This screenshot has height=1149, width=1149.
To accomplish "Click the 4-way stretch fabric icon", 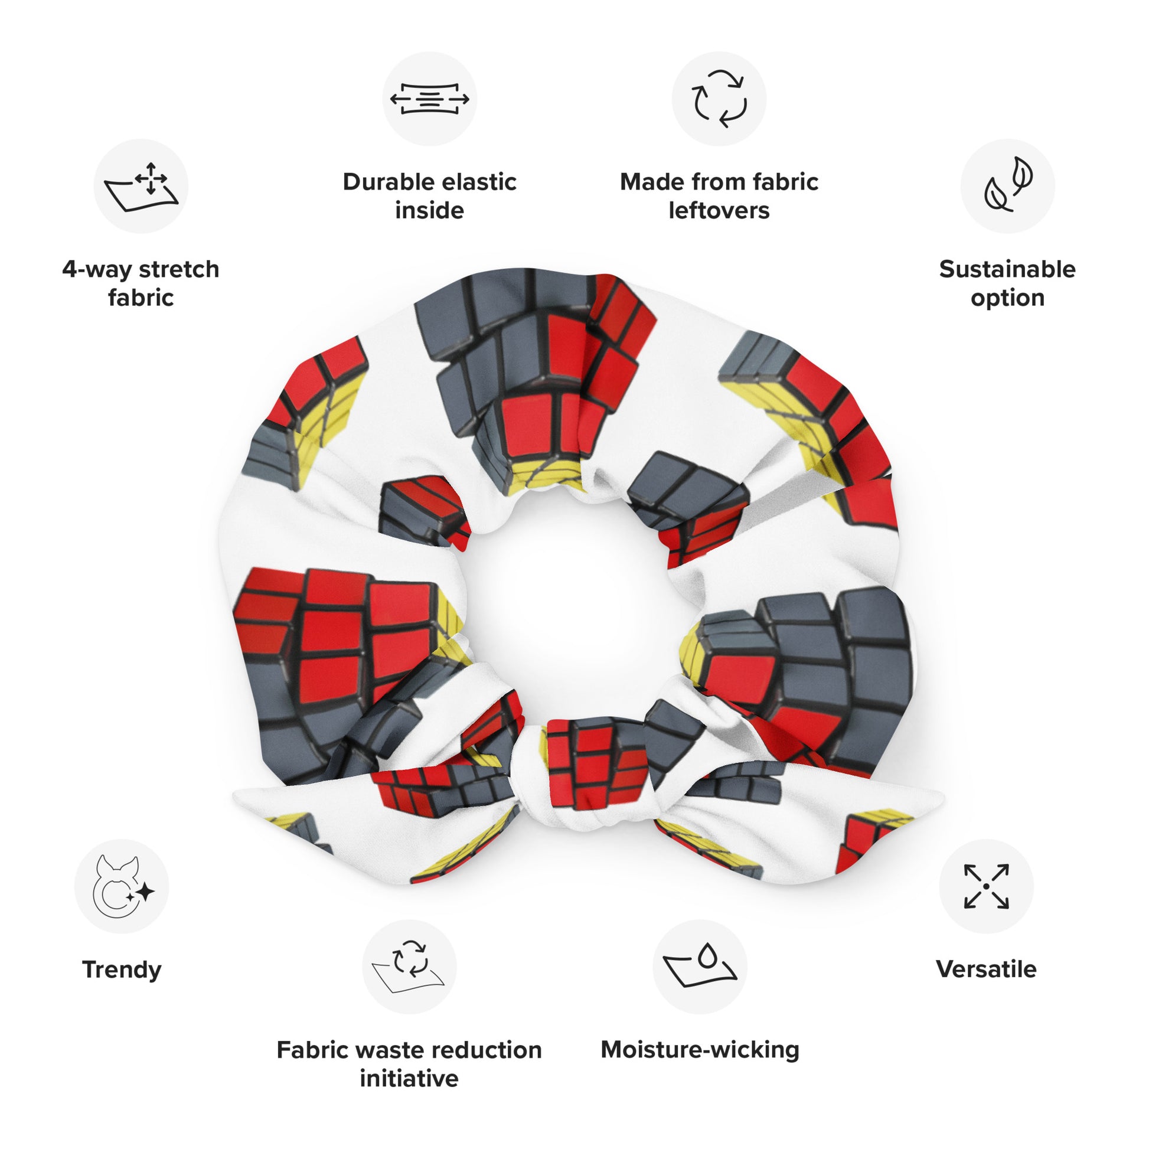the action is point(141,185).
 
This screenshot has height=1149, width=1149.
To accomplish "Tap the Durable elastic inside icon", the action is point(429,99).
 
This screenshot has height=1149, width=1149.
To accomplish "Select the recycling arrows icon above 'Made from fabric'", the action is point(719,99).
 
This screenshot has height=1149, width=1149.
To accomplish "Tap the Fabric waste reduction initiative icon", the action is point(409,967).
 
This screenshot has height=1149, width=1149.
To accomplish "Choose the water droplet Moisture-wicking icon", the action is point(700,965).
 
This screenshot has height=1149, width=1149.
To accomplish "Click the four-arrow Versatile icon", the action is point(986,886).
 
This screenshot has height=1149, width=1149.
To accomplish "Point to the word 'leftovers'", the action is point(719,211).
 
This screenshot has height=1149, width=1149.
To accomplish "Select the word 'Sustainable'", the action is point(1007,269).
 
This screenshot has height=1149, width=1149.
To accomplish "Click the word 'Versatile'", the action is point(986,970).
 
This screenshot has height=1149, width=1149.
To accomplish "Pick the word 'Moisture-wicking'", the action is point(700,1050).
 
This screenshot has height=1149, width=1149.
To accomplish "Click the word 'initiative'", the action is point(409,1078).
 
